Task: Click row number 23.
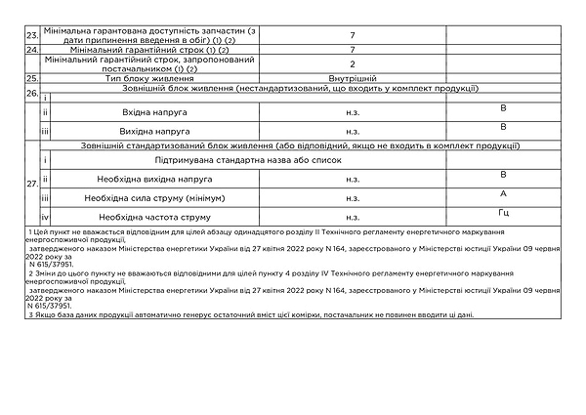click(x=32, y=36)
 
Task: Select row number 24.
click(x=32, y=49)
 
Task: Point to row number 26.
click(x=32, y=93)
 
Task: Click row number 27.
click(x=32, y=183)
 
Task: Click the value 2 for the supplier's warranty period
click(x=352, y=63)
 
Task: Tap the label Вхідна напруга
click(x=148, y=112)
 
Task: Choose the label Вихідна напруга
click(x=148, y=130)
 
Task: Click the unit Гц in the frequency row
click(x=503, y=211)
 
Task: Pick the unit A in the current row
click(x=503, y=193)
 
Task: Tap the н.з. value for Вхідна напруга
click(x=352, y=112)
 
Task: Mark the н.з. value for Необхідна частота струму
click(x=352, y=216)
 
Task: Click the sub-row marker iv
click(x=45, y=216)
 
